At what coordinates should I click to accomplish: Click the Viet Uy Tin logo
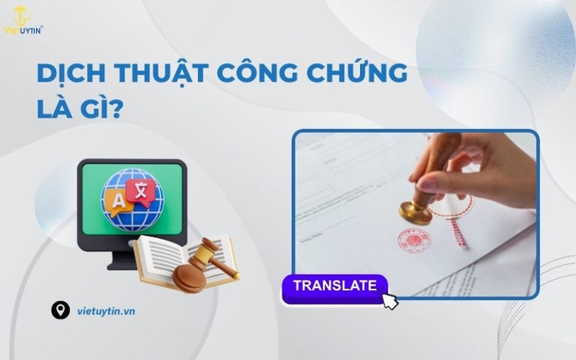pos(23,19)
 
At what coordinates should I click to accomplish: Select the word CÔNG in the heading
pos(256,73)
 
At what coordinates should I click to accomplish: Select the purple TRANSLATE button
pos(334,286)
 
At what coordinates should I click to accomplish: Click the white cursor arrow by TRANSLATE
pos(390,301)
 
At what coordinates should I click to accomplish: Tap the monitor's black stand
pos(124,259)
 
